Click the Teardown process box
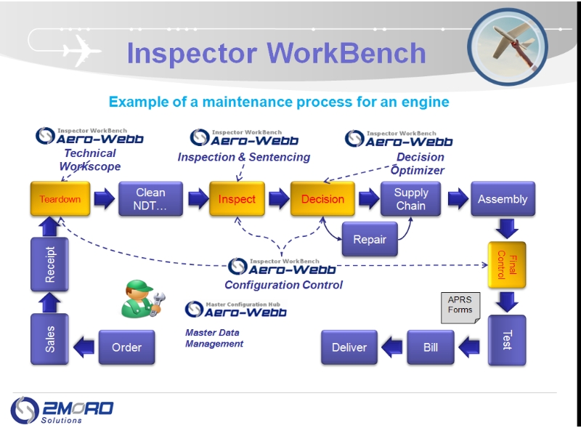[60, 199]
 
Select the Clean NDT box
[150, 199]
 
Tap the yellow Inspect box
[237, 199]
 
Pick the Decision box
[322, 199]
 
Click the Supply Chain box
[411, 199]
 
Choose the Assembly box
[503, 199]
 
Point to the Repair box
[370, 239]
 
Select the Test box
[507, 339]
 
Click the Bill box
[431, 347]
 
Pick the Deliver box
[349, 347]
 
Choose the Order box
[127, 347]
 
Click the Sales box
[49, 339]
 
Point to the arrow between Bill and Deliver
[393, 347]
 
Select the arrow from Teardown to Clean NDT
[105, 198]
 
